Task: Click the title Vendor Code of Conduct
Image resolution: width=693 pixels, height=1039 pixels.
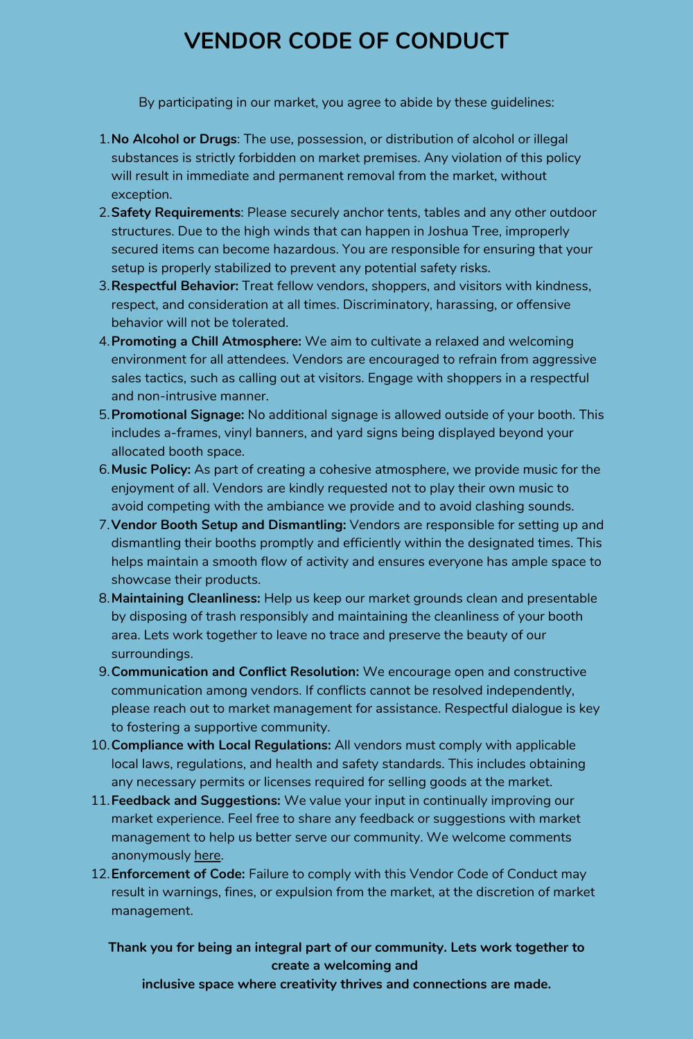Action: point(346,42)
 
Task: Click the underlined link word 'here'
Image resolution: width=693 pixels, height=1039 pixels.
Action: point(207,855)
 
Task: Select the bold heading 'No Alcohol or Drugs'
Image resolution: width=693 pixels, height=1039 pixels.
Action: point(174,139)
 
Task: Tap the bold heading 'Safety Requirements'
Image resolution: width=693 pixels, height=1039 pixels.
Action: point(175,213)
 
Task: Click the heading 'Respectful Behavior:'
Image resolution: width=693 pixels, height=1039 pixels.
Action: point(175,286)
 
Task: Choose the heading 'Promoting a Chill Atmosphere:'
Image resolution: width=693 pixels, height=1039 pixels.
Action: point(207,341)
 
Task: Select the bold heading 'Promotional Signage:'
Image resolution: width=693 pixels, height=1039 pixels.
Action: point(178,415)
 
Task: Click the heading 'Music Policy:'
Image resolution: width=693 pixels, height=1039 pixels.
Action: point(151,470)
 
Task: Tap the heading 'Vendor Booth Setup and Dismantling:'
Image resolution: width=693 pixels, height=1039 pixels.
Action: point(229,525)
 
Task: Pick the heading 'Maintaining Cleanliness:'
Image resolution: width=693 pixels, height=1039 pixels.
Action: point(186,598)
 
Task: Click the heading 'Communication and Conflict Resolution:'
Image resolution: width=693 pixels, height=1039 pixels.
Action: point(235,672)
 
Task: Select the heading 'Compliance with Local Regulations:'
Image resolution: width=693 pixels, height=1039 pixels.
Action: point(221,745)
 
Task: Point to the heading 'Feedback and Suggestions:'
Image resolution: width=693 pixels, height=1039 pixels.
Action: point(196,801)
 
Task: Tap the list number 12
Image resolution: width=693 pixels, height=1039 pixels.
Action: point(100,874)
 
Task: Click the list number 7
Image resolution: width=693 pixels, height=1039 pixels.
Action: point(104,525)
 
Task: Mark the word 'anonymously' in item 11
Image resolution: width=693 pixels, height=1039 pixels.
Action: point(150,855)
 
